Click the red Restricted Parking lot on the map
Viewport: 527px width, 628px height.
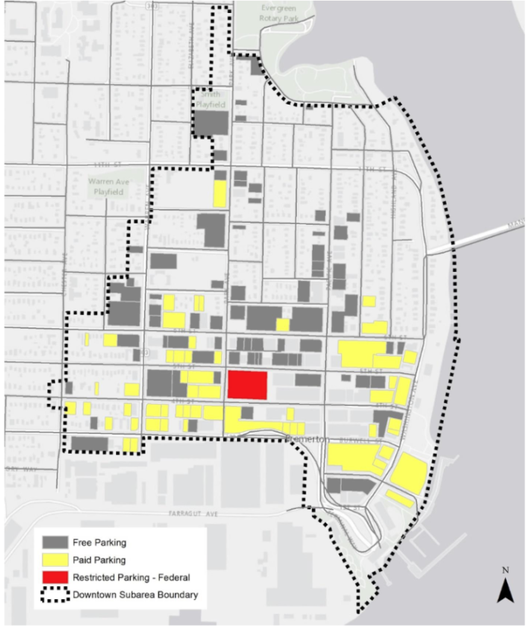(248, 385)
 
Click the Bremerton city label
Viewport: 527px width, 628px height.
(307, 439)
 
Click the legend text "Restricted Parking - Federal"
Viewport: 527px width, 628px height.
(130, 578)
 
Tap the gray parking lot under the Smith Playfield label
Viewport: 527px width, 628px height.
(210, 121)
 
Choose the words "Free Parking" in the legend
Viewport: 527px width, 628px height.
(100, 543)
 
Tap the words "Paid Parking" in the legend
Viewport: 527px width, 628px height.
(100, 561)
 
